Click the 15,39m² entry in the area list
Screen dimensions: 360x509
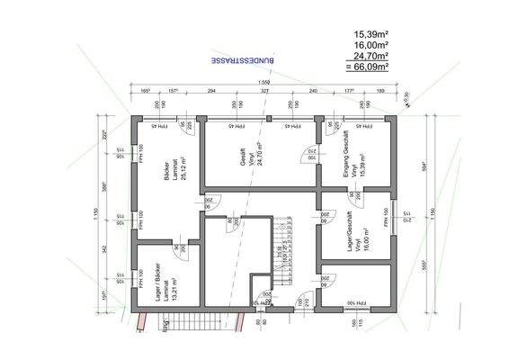click(x=371, y=33)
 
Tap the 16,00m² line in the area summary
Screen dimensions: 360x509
click(x=371, y=44)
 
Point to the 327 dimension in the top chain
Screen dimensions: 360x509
click(x=265, y=92)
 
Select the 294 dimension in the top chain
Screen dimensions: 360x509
click(x=212, y=92)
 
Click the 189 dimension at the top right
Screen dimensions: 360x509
click(x=380, y=92)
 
